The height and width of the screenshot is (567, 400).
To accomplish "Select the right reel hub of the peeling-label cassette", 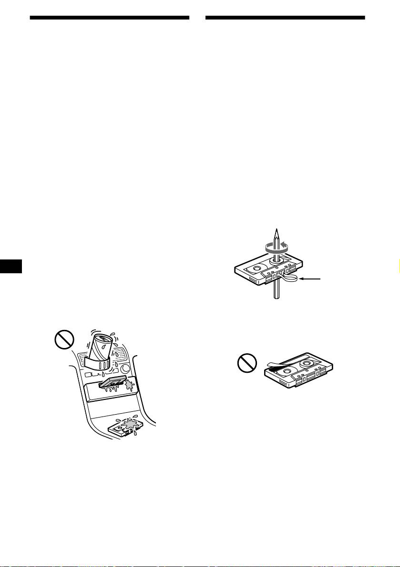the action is [316, 366].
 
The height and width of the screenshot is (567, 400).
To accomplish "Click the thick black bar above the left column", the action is [109, 19].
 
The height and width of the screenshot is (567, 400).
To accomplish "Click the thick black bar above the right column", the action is [285, 19].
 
